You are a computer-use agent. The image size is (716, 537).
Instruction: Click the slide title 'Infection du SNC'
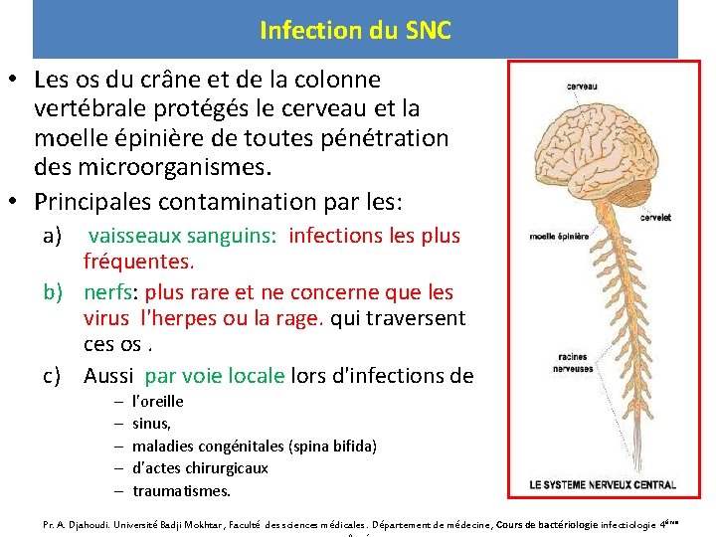click(355, 30)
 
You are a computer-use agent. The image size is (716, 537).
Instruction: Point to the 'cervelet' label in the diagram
click(655, 217)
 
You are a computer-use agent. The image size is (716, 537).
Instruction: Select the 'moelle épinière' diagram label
click(559, 237)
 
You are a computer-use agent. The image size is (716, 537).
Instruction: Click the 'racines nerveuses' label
click(575, 363)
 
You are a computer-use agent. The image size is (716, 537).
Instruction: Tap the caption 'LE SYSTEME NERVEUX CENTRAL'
click(603, 485)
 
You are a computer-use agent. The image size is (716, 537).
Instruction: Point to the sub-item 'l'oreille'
click(158, 401)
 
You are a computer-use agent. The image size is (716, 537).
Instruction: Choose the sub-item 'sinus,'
click(151, 424)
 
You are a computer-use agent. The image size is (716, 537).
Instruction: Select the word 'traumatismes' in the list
click(180, 490)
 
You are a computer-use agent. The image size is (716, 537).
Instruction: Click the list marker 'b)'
click(55, 292)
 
